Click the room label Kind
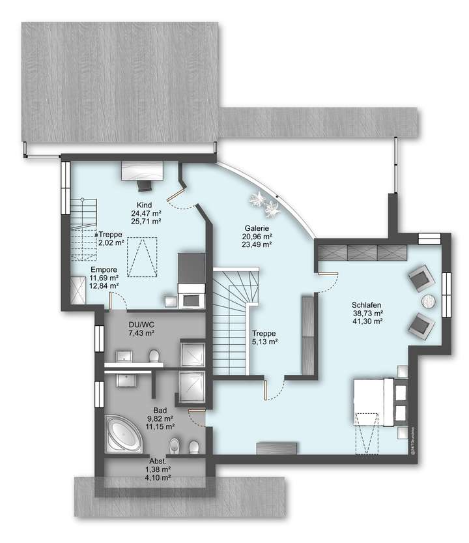click(144, 205)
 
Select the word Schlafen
click(366, 305)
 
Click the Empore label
click(104, 269)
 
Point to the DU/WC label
click(141, 324)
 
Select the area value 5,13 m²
click(265, 341)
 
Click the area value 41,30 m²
click(366, 322)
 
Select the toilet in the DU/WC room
click(154, 356)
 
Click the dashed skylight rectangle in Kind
click(143, 257)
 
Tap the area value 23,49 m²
click(257, 245)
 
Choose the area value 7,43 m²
click(141, 333)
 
